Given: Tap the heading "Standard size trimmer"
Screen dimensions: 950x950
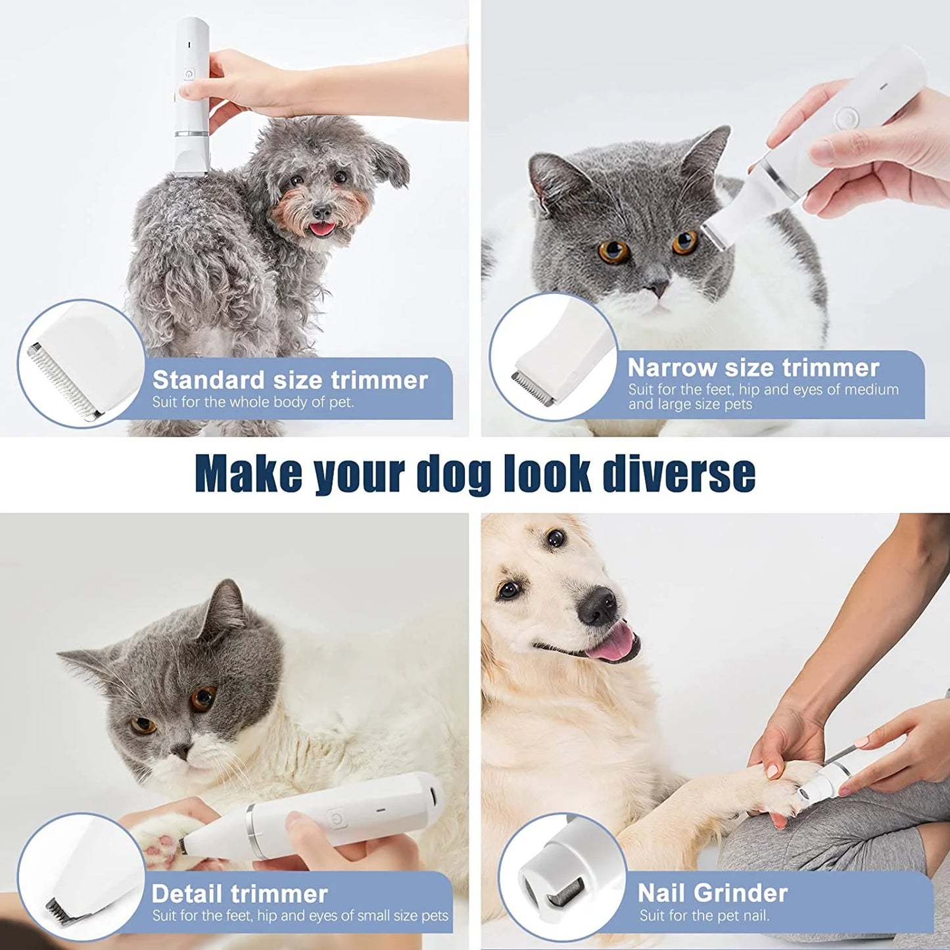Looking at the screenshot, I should (290, 380).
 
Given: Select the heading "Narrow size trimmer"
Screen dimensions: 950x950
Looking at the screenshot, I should (753, 368).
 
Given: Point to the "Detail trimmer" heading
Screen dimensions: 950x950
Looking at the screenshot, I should (239, 893).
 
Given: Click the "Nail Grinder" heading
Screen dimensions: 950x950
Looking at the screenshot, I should (712, 893).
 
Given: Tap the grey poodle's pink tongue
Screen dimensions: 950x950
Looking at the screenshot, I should (321, 229).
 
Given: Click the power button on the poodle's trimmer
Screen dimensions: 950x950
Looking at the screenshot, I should (189, 74).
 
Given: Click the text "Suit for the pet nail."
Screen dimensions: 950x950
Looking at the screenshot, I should (703, 915).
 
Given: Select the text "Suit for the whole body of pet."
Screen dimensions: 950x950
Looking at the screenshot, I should (253, 402).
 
